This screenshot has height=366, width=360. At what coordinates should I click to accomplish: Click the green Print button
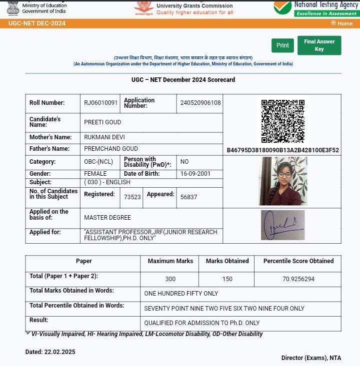[282, 45]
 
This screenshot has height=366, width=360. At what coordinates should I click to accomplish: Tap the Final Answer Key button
[319, 45]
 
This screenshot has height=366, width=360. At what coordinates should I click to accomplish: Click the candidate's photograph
[282, 181]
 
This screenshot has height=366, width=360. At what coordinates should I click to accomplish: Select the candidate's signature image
[282, 225]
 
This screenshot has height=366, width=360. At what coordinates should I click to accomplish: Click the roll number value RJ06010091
[101, 103]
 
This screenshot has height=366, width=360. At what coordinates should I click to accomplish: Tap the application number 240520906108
[200, 103]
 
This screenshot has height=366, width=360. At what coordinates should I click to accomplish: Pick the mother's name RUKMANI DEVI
[104, 137]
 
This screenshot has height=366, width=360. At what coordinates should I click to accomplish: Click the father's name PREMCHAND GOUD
[111, 149]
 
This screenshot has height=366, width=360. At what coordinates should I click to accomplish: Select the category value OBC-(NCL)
[98, 162]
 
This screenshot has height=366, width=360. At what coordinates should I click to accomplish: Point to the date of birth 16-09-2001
[195, 174]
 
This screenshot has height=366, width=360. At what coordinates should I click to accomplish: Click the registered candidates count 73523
[132, 197]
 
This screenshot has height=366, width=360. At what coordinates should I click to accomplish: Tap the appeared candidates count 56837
[189, 197]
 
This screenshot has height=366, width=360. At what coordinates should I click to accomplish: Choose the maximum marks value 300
[170, 279]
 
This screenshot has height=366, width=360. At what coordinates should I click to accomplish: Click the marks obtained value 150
[227, 279]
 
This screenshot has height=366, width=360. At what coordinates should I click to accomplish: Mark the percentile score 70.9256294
[298, 279]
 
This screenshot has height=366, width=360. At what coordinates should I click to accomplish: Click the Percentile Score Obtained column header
[298, 261]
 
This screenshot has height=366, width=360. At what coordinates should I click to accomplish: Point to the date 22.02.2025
[59, 352]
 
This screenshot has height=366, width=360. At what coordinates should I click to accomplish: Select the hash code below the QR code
[282, 150]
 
